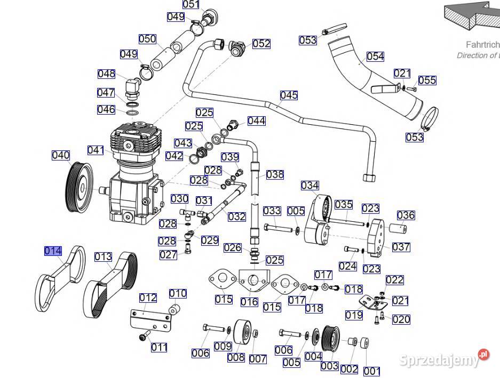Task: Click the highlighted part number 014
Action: tap(53, 251)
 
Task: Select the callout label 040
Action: tap(61, 155)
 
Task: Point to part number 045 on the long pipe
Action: tap(289, 95)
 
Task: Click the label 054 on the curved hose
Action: tap(375, 57)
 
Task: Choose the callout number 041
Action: tap(96, 150)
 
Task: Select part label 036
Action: tap(406, 215)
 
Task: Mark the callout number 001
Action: tap(371, 371)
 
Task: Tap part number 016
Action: tap(249, 302)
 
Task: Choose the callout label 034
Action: tap(309, 186)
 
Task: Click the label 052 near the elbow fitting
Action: tap(261, 44)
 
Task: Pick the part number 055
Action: tap(427, 81)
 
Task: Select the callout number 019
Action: tap(354, 315)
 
